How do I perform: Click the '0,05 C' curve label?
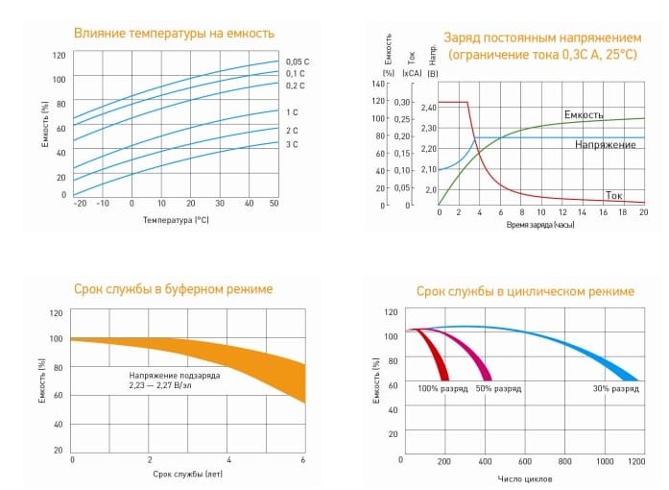point(298,61)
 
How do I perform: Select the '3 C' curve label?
point(292,144)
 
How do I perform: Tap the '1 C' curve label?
point(292,112)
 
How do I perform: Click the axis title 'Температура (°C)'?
point(176,219)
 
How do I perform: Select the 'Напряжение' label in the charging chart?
point(606,144)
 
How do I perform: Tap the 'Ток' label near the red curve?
point(614,195)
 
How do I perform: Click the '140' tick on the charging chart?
point(377,85)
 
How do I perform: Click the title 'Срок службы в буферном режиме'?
point(173,289)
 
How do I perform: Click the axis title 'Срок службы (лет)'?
point(187,475)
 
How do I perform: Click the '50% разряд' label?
point(497,389)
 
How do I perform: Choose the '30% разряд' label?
point(615,389)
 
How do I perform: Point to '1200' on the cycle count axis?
point(636,462)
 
